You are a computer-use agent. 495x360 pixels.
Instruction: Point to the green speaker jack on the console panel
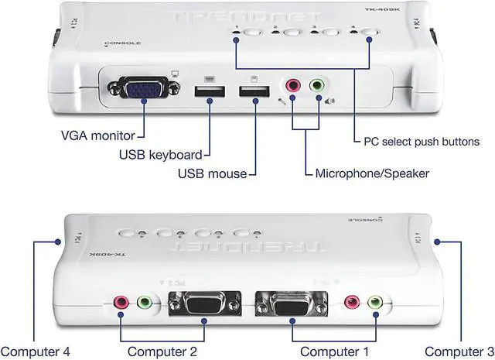coord(317,86)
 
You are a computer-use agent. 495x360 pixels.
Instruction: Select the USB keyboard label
coord(161,154)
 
